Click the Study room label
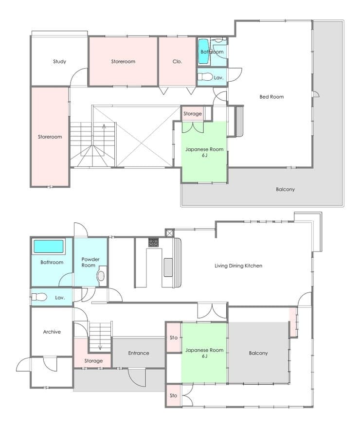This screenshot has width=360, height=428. click(59, 61)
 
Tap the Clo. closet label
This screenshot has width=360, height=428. click(177, 61)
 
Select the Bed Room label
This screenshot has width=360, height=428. click(271, 97)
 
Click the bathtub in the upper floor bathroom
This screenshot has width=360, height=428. click(204, 52)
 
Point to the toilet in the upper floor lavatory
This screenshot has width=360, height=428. click(205, 77)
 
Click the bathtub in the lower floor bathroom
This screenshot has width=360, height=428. click(49, 246)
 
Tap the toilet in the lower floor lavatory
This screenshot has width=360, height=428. click(39, 297)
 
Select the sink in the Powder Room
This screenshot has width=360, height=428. click(101, 276)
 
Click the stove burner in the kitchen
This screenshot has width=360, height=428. click(153, 242)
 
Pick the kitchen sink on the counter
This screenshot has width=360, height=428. click(168, 267)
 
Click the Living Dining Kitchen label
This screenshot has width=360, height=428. click(238, 266)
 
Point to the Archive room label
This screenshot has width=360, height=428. click(52, 332)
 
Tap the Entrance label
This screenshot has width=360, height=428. click(139, 353)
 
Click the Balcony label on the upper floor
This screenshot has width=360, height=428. click(285, 189)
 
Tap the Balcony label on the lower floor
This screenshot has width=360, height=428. click(258, 353)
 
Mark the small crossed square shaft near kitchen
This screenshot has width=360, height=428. click(169, 233)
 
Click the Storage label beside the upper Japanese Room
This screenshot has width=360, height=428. click(193, 114)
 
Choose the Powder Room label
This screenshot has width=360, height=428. click(90, 262)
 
